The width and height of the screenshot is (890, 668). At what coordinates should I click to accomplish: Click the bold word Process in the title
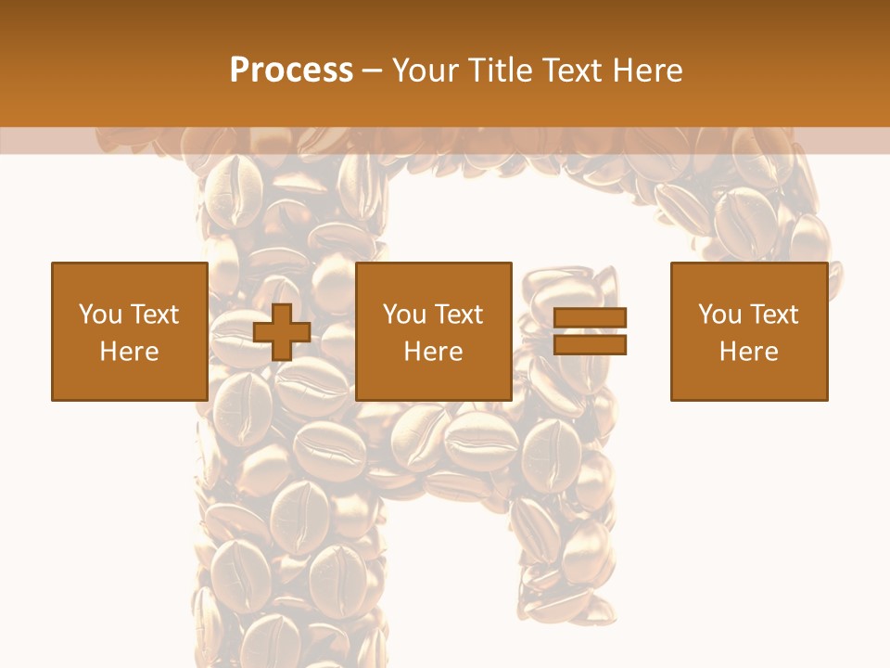[x=291, y=70]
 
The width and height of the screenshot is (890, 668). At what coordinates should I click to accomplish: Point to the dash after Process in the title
[x=373, y=71]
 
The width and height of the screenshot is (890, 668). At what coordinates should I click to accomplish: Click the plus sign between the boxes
[x=282, y=331]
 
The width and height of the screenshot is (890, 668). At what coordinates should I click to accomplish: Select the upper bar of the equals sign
[x=590, y=317]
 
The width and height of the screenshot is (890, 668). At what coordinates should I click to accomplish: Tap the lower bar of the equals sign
[x=590, y=345]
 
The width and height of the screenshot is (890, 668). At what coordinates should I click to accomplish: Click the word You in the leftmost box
[x=100, y=315]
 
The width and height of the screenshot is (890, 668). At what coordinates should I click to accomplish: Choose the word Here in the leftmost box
[x=129, y=352]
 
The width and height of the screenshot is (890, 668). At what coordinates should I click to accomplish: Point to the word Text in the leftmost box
[x=153, y=315]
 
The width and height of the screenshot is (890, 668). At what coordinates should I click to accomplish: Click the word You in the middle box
[x=404, y=315]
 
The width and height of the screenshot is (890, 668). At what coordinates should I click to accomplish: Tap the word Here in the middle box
[x=433, y=352]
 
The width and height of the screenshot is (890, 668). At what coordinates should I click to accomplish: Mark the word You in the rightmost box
[x=719, y=315]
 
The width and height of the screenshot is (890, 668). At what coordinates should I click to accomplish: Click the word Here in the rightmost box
[x=748, y=352]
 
